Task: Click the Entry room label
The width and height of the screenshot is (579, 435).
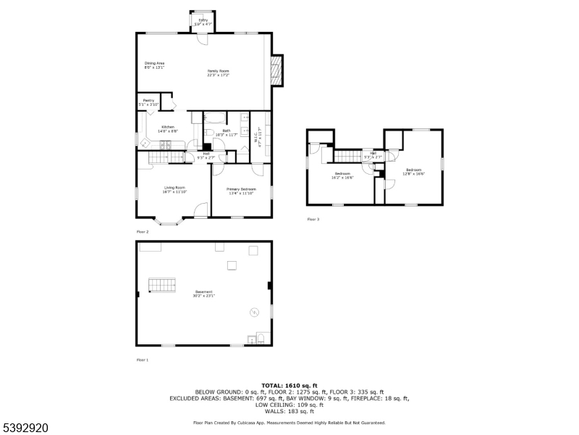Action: click(203, 23)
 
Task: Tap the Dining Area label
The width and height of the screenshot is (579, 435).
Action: click(154, 65)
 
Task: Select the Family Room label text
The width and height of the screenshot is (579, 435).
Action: click(219, 72)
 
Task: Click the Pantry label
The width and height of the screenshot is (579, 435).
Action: click(148, 102)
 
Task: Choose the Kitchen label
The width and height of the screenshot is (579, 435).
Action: click(168, 128)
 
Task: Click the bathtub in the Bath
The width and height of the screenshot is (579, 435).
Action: click(214, 116)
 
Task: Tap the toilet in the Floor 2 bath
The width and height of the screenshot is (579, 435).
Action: click(208, 133)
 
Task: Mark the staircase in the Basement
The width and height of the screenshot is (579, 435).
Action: click(162, 285)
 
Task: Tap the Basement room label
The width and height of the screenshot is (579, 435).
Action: click(203, 294)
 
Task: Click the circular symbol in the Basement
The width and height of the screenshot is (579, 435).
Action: click(254, 312)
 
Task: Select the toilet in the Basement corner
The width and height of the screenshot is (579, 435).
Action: click(262, 339)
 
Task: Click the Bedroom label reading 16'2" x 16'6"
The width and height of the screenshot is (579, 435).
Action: click(342, 175)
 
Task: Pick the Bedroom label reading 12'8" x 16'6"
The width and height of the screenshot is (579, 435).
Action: click(414, 172)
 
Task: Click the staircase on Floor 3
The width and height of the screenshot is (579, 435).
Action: click(348, 156)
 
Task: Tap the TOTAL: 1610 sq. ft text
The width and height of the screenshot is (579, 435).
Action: click(289, 385)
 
